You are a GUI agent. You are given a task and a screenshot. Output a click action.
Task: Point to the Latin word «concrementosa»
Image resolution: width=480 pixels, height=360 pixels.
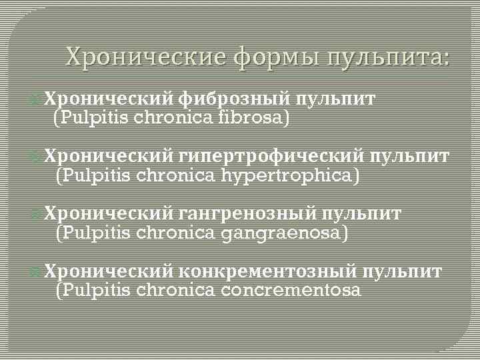pos(291,291)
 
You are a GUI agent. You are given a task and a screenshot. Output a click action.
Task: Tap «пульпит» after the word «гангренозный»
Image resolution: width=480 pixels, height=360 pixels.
pos(363,215)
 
